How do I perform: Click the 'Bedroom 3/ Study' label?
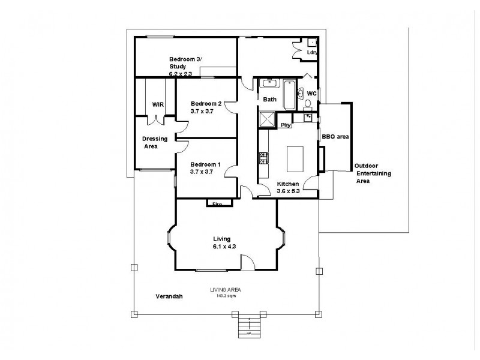point(185,62)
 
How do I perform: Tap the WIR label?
point(158,104)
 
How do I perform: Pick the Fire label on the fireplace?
point(217,205)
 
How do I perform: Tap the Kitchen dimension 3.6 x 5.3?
point(288,191)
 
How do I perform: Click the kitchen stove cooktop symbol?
point(262,158)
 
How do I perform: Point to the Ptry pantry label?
point(286,125)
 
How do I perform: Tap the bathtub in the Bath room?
point(289,95)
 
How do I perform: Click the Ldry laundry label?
point(311,52)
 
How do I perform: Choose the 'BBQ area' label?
point(335,137)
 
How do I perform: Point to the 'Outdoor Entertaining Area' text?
point(372,173)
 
